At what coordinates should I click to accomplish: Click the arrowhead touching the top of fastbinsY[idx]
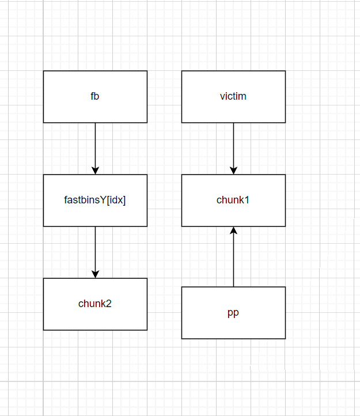[x=95, y=171]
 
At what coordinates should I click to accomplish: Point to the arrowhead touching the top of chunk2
[x=95, y=274]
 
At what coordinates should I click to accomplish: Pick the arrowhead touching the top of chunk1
[x=233, y=171]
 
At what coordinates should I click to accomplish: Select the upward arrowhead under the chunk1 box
[x=233, y=230]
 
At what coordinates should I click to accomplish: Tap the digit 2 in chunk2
[x=109, y=304]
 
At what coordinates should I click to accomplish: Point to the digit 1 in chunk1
[x=247, y=200]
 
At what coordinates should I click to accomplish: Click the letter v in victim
[x=222, y=96]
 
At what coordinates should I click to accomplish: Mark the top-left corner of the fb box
[x=44, y=71]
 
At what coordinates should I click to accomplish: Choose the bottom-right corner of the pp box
[x=285, y=338]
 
